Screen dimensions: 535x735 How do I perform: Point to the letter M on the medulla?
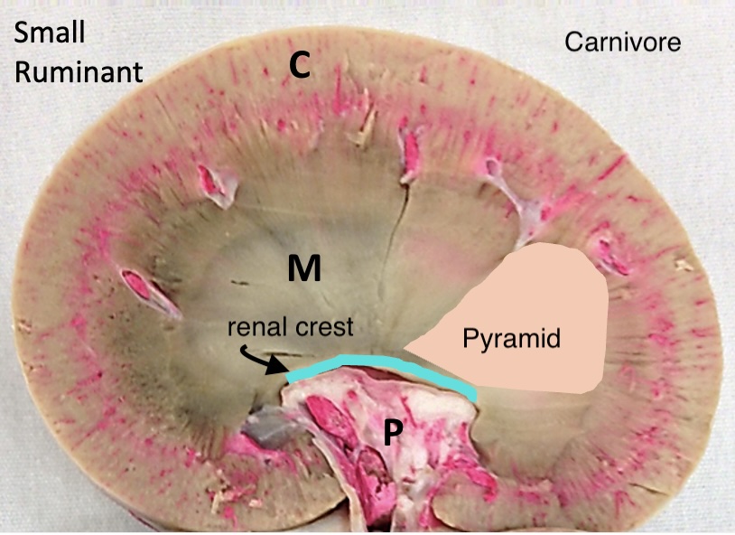[x=304, y=267]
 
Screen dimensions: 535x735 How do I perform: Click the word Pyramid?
[x=512, y=339]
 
